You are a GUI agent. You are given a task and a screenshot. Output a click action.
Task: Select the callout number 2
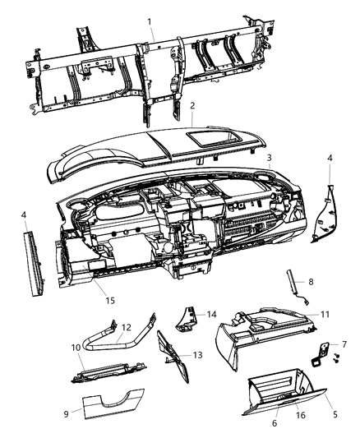192,106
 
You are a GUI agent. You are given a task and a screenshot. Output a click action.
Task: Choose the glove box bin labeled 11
255,337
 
